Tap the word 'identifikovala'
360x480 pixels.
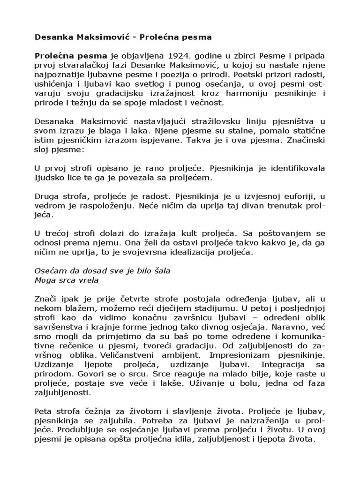coord(290,168)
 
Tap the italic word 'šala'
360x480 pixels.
coord(161,272)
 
